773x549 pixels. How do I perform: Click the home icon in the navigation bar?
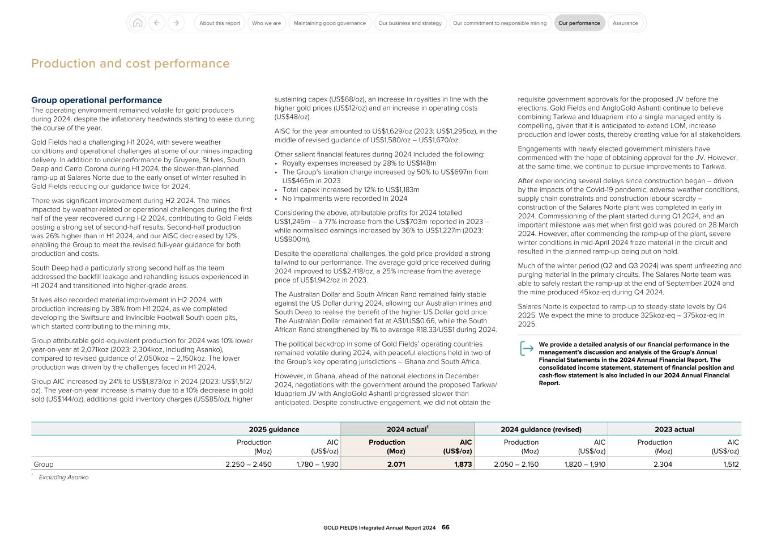[137, 23]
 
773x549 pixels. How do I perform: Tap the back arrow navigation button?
[157, 23]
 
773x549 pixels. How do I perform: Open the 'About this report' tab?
[220, 23]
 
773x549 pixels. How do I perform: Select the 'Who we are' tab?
[266, 23]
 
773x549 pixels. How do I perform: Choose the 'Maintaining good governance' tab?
[330, 23]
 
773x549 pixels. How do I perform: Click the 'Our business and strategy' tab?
[410, 23]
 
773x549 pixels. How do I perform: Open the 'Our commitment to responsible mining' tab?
[499, 23]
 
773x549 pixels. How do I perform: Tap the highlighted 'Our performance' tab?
[579, 23]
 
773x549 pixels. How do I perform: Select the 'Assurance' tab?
[625, 23]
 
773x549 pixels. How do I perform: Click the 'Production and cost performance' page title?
[130, 64]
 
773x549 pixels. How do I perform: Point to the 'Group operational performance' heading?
[96, 100]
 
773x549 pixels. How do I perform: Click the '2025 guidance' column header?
[274, 429]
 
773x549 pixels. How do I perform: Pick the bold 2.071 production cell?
[396, 464]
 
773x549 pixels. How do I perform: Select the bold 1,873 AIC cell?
[463, 464]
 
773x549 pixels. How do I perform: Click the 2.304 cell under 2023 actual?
[663, 464]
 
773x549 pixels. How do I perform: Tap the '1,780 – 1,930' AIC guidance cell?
[317, 464]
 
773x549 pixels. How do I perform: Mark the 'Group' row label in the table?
[44, 464]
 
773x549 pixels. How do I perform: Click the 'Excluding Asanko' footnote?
[63, 478]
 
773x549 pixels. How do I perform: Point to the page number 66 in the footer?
[446, 527]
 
